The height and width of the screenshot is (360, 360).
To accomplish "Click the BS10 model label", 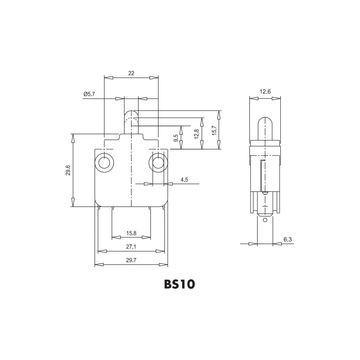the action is [x=180, y=284].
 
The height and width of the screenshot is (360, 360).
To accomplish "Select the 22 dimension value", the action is [x=131, y=73].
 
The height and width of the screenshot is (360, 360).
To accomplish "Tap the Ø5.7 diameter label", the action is [x=89, y=94].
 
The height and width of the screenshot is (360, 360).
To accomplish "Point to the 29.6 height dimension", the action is [x=68, y=170].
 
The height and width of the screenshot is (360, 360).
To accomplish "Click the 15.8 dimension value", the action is [x=131, y=233].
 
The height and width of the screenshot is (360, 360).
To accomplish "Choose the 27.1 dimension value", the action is [x=131, y=247].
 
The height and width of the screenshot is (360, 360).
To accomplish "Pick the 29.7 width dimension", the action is [x=131, y=260].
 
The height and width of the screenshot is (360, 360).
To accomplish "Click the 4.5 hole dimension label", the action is [x=184, y=180].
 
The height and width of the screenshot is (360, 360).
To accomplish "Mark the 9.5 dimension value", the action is [x=176, y=138].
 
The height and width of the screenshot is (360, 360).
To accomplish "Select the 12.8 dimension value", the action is [x=196, y=134].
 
